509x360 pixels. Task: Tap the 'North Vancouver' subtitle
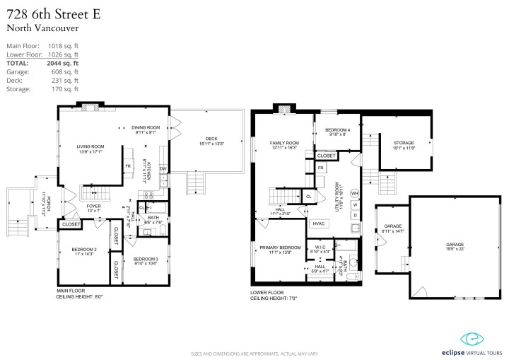pos(42,28)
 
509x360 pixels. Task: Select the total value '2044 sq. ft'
pos(62,63)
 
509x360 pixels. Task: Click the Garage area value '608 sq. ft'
pos(62,71)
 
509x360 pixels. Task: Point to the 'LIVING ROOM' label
pos(90,147)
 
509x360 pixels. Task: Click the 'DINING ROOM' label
pos(146,127)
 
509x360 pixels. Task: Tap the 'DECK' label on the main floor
pos(211,139)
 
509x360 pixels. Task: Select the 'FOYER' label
pos(93,206)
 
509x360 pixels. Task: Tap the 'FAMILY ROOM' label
pos(284,143)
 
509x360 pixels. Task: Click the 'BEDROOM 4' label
pos(337,130)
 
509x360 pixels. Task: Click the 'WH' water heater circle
pos(355,193)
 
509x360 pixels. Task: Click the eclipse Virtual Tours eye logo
pos(469,338)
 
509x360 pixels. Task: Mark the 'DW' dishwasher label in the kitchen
pos(163,169)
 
